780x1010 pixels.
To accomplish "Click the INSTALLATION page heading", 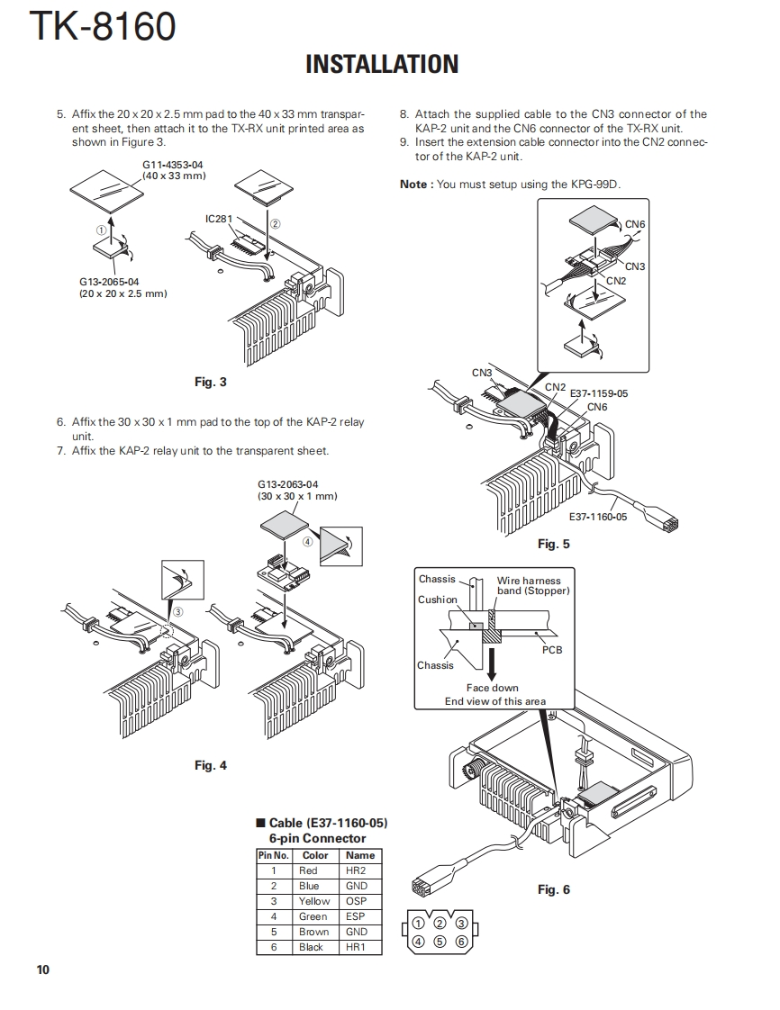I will pyautogui.click(x=382, y=64).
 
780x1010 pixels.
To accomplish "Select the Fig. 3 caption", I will pyautogui.click(x=211, y=382).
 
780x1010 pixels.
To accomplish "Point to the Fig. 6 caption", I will pyautogui.click(x=554, y=889).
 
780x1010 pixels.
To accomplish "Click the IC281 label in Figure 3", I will pyautogui.click(x=219, y=219).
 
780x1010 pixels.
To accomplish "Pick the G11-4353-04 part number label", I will pyautogui.click(x=173, y=165).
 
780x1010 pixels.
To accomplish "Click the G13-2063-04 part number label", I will pyautogui.click(x=288, y=484).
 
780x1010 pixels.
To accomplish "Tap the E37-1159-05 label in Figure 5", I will pyautogui.click(x=599, y=393).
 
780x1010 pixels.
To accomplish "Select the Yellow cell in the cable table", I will pyautogui.click(x=314, y=901).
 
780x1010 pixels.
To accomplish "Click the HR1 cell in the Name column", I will pyautogui.click(x=356, y=947).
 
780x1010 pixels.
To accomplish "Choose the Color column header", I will pyautogui.click(x=315, y=855).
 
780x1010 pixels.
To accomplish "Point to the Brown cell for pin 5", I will pyautogui.click(x=314, y=932).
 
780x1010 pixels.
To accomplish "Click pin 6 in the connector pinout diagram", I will pyautogui.click(x=461, y=942).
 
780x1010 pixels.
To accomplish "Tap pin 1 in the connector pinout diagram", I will pyautogui.click(x=418, y=923).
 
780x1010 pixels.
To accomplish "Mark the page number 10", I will pyautogui.click(x=43, y=969).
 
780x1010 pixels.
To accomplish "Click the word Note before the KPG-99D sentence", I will pyautogui.click(x=414, y=185).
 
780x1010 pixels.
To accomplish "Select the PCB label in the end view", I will pyautogui.click(x=552, y=649).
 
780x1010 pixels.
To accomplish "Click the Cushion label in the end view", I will pyautogui.click(x=438, y=600).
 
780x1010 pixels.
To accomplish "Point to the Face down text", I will pyautogui.click(x=493, y=688).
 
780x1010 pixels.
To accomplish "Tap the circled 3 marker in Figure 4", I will pyautogui.click(x=178, y=611).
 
